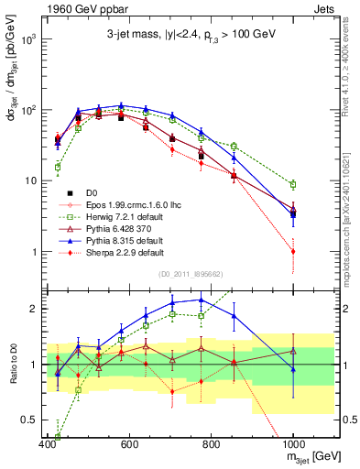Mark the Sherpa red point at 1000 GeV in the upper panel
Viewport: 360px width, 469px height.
tap(293, 251)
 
